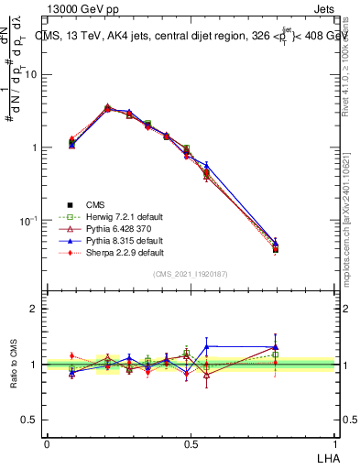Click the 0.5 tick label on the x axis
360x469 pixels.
(x=190, y=443)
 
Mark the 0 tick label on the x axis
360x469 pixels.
(x=47, y=443)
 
